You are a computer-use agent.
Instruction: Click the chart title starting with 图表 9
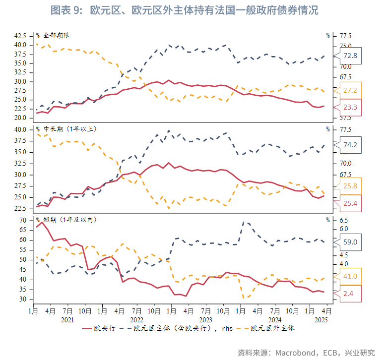click(184, 10)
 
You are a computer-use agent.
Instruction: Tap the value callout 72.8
click(350, 56)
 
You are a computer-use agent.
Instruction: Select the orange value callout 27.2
click(350, 90)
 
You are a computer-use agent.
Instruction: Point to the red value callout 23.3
click(350, 107)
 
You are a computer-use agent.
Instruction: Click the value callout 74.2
click(350, 145)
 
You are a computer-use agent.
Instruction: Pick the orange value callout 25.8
click(350, 186)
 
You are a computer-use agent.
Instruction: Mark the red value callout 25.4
click(350, 203)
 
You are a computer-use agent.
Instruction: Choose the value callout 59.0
click(350, 242)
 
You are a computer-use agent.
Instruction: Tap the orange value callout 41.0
click(350, 276)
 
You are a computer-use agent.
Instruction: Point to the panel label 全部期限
click(55, 36)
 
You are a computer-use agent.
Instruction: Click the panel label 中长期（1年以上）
click(69, 129)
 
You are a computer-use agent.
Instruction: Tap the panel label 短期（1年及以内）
click(69, 219)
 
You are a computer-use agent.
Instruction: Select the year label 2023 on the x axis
click(205, 320)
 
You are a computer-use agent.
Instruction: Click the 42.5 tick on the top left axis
click(20, 36)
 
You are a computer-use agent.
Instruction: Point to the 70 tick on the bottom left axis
click(23, 220)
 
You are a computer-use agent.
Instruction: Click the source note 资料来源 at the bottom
click(306, 353)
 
